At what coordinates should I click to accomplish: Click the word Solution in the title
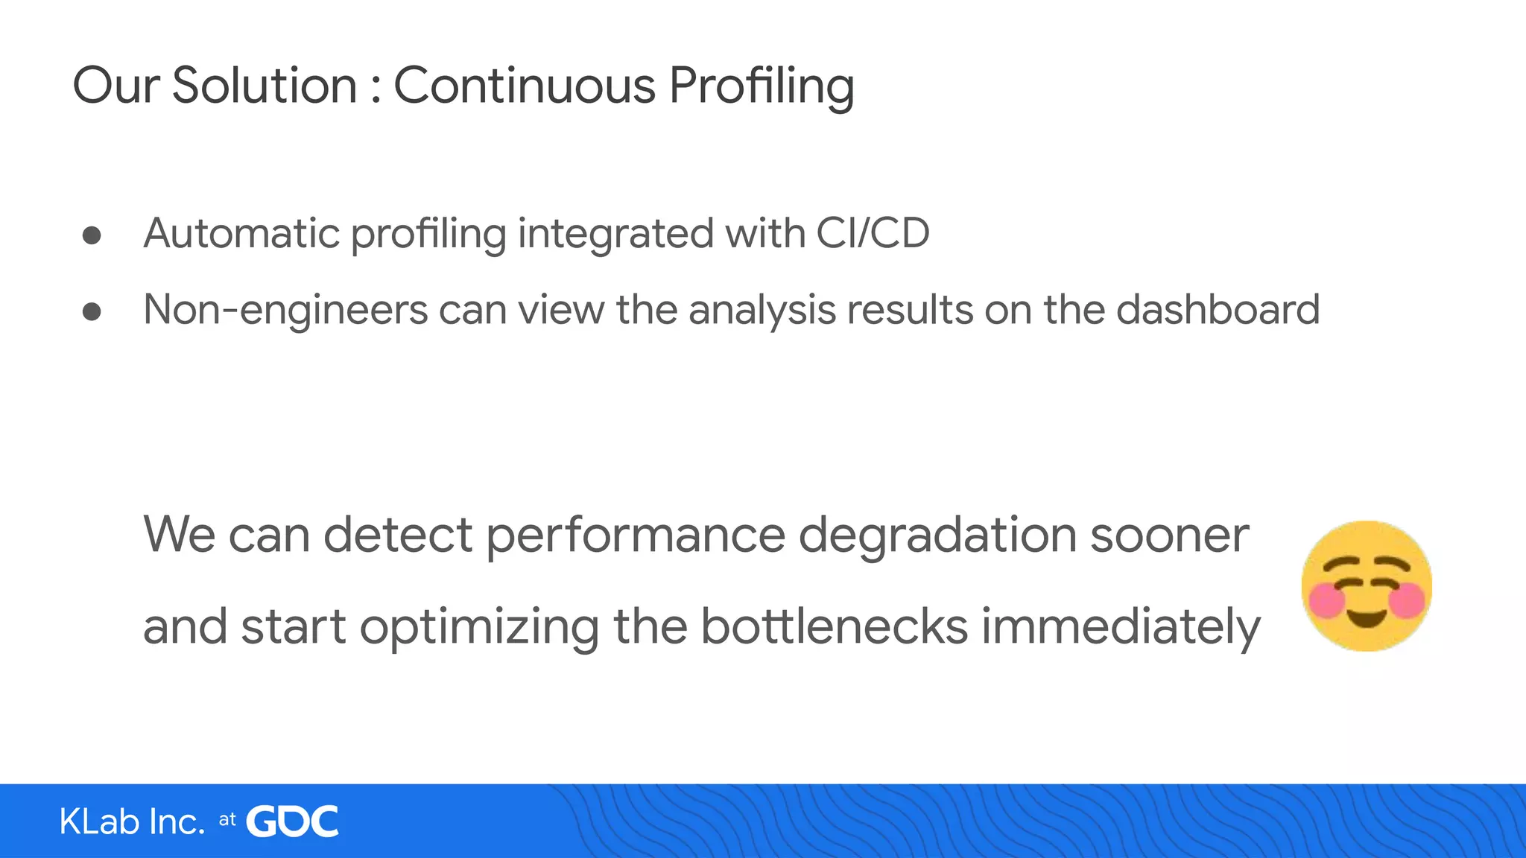click(x=265, y=86)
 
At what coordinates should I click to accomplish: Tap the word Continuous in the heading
click(x=524, y=86)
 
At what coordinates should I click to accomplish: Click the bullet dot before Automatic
click(x=92, y=236)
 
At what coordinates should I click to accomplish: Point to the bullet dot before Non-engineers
click(x=92, y=311)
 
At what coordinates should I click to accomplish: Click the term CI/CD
click(x=873, y=233)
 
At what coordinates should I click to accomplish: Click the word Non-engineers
click(x=285, y=310)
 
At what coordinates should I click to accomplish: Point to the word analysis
click(x=762, y=311)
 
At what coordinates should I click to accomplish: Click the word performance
click(x=636, y=536)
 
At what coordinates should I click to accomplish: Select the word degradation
click(x=937, y=536)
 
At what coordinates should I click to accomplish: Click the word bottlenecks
click(x=834, y=626)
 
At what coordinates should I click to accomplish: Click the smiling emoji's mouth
click(x=1366, y=617)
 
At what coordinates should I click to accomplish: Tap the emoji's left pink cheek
click(x=1326, y=600)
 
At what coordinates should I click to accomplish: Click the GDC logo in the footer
click(x=292, y=822)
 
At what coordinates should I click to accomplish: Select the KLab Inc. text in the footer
click(x=132, y=822)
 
